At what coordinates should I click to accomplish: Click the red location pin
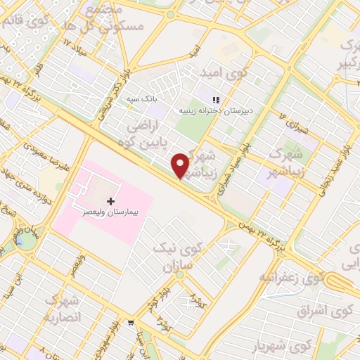click(181, 165)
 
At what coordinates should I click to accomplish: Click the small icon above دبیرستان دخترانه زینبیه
click(217, 101)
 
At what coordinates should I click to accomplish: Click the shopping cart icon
click(131, 323)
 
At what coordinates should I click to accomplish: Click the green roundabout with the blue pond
click(26, 241)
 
